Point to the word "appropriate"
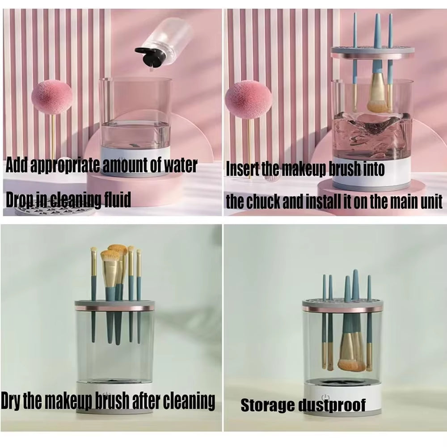click(61, 166)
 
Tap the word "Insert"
click(243, 170)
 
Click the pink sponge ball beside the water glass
click(51, 97)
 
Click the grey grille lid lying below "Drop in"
click(54, 209)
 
